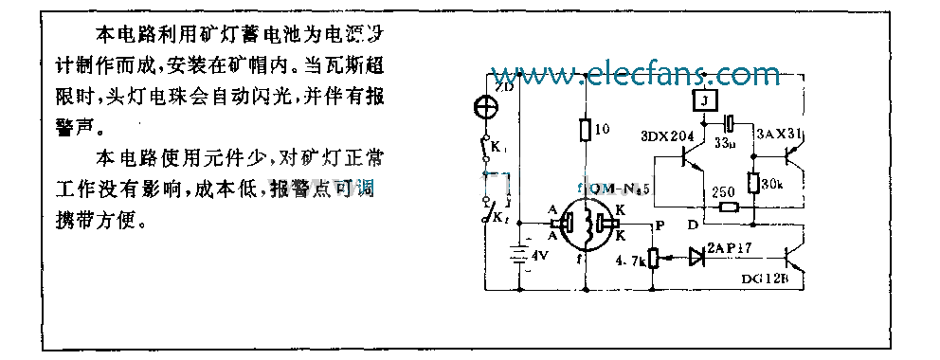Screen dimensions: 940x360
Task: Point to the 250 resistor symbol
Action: [729, 207]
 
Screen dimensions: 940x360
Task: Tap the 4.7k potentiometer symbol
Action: [651, 258]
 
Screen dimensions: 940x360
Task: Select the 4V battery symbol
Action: [518, 255]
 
